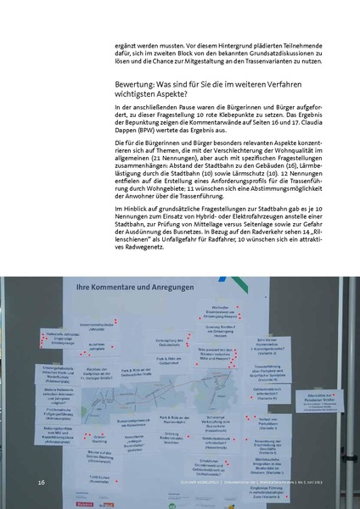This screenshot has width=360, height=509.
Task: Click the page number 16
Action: [x=40, y=482]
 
